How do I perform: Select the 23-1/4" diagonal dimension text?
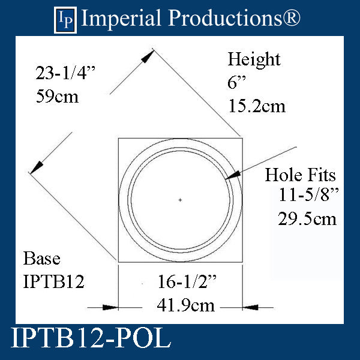65,74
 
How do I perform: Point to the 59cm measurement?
57,96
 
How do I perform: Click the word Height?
254,60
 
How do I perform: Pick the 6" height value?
234,83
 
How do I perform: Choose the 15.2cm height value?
256,106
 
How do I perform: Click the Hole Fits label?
301,175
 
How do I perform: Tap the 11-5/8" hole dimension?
307,196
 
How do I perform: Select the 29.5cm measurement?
307,219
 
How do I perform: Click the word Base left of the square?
41,259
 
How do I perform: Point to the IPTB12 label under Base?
54,281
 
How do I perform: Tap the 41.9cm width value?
179,306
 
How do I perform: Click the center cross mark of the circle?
180,199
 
